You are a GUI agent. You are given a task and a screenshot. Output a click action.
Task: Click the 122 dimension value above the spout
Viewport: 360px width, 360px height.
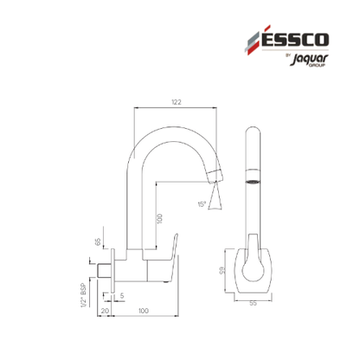(x=177, y=102)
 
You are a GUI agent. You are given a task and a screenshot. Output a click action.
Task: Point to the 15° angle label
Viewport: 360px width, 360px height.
(x=202, y=204)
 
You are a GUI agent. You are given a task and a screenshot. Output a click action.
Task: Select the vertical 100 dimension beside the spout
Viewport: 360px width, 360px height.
(x=160, y=218)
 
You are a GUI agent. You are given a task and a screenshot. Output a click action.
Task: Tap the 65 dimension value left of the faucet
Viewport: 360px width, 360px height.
(x=98, y=241)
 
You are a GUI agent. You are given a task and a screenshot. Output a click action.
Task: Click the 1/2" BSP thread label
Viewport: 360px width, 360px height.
(x=84, y=295)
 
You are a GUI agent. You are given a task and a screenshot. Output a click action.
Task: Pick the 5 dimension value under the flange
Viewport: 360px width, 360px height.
(x=122, y=295)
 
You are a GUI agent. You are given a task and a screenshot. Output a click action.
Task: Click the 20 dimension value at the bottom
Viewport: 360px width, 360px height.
(x=105, y=311)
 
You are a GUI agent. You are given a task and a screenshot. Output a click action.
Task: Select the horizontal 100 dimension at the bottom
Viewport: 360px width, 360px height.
(x=144, y=311)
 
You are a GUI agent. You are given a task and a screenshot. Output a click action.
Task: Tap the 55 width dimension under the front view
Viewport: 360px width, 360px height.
(x=253, y=303)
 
